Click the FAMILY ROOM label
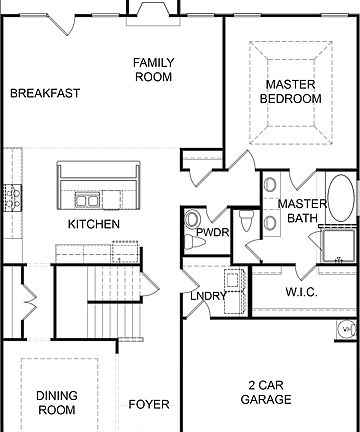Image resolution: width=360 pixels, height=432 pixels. pyautogui.click(x=153, y=69)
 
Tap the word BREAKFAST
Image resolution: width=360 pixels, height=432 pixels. pyautogui.click(x=45, y=93)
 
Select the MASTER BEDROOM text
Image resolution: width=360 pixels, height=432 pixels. pyautogui.click(x=290, y=92)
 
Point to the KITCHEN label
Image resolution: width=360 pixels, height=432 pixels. pyautogui.click(x=94, y=224)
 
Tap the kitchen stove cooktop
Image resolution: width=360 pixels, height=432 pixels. pyautogui.click(x=13, y=196)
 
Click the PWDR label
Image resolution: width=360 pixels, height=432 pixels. pyautogui.click(x=212, y=232)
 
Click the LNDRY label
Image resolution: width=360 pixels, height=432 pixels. pyautogui.click(x=209, y=296)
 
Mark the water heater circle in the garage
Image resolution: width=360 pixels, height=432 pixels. pyautogui.click(x=346, y=328)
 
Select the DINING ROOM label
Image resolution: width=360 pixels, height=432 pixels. pyautogui.click(x=57, y=403)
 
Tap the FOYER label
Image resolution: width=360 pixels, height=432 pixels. pyautogui.click(x=149, y=405)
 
